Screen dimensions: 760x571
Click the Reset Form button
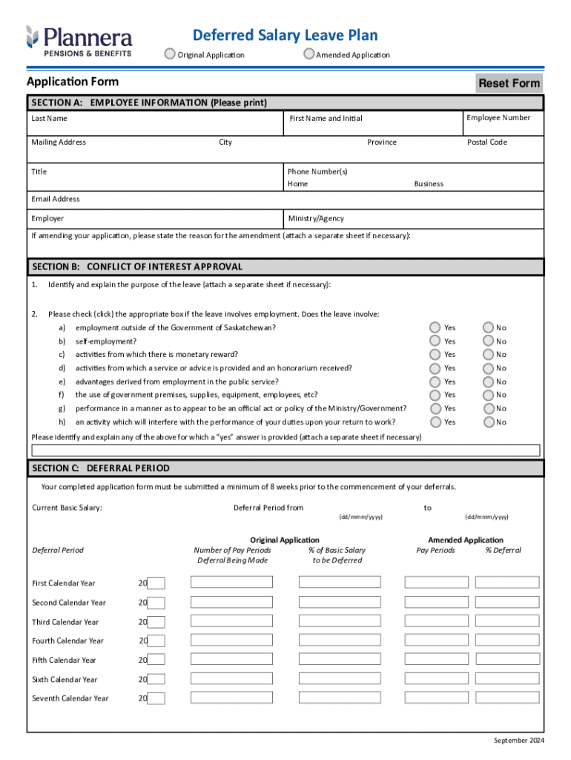pyautogui.click(x=509, y=83)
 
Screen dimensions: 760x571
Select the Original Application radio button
pyautogui.click(x=171, y=53)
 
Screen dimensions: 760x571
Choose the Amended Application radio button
pyautogui.click(x=308, y=53)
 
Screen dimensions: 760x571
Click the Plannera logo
pyautogui.click(x=79, y=40)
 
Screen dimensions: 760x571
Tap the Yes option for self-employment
pyautogui.click(x=435, y=341)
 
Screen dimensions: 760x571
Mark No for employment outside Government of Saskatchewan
pyautogui.click(x=488, y=327)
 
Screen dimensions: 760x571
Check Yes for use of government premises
pyautogui.click(x=435, y=395)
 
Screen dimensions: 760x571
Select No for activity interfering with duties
pyautogui.click(x=488, y=422)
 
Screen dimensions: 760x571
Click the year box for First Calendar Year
pyautogui.click(x=156, y=583)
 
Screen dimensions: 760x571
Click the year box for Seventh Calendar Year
pyautogui.click(x=156, y=698)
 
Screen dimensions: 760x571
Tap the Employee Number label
pyautogui.click(x=498, y=118)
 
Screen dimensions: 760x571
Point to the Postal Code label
pyautogui.click(x=487, y=142)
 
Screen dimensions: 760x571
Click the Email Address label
pyautogui.click(x=56, y=199)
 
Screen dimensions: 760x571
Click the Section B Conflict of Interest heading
pyautogui.click(x=137, y=266)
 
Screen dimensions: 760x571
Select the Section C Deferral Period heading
pyautogui.click(x=101, y=468)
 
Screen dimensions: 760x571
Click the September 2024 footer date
pyautogui.click(x=518, y=741)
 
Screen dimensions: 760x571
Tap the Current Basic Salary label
pyautogui.click(x=67, y=508)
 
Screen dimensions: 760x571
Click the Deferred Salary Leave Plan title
pyautogui.click(x=285, y=35)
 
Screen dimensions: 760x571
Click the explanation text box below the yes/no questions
pyautogui.click(x=285, y=450)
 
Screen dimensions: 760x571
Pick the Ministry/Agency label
pyautogui.click(x=316, y=219)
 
